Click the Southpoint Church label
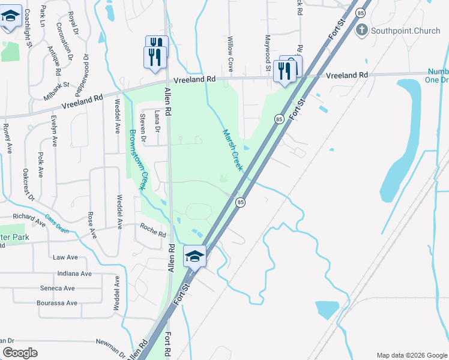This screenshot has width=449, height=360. [x=405, y=31]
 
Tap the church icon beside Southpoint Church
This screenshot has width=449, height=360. [x=361, y=29]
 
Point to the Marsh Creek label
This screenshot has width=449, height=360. [x=232, y=151]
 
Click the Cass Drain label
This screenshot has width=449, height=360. [x=56, y=224]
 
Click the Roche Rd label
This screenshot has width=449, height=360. [x=152, y=230]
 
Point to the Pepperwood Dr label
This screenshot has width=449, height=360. [x=82, y=74]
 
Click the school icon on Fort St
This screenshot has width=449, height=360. [x=195, y=256]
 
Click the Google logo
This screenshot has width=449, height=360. [x=20, y=353]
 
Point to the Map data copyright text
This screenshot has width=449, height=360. [x=412, y=355]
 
